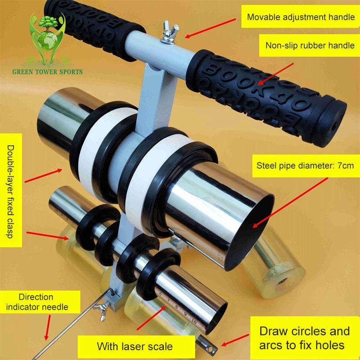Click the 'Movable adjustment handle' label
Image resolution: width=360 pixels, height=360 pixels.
pyautogui.click(x=301, y=18)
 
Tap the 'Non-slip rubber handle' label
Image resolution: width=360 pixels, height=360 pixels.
pyautogui.click(x=310, y=45)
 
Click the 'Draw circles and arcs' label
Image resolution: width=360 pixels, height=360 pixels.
pyautogui.click(x=305, y=338)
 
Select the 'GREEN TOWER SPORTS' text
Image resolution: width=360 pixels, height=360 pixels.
pyautogui.click(x=47, y=72)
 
